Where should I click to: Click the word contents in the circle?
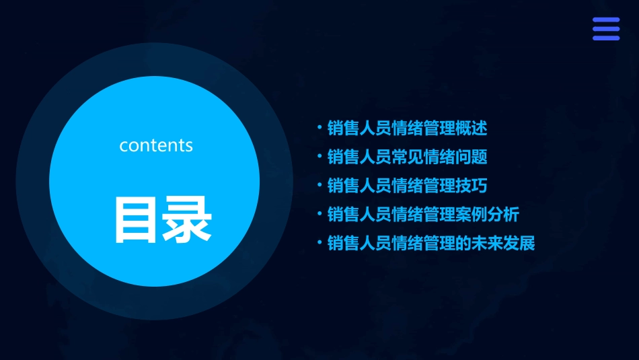tap(156, 145)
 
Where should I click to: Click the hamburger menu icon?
tap(606, 29)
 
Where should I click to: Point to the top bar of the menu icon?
tap(606, 20)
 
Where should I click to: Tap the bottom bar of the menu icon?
tap(606, 38)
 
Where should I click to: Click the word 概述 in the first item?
tap(471, 128)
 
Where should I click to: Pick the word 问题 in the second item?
tap(471, 157)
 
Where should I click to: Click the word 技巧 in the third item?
tap(471, 186)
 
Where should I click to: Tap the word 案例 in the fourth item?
tap(471, 215)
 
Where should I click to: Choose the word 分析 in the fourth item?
tap(503, 215)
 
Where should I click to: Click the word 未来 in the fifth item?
tap(487, 243)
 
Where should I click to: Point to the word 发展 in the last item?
tap(519, 243)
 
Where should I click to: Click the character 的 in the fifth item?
tap(463, 243)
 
